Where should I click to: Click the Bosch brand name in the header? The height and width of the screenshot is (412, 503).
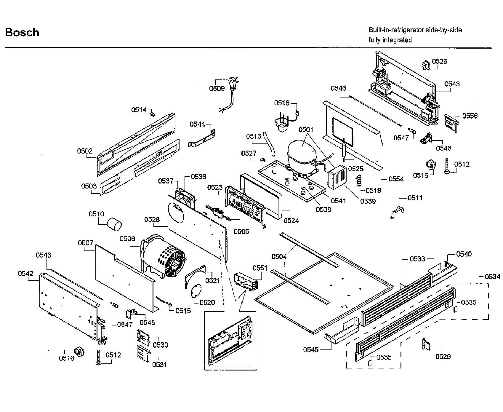(22, 32)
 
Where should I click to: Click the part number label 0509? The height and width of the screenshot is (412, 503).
(217, 88)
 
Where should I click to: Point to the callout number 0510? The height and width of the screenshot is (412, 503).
(96, 214)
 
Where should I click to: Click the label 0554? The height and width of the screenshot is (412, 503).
(396, 179)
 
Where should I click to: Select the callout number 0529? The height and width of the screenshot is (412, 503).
(443, 357)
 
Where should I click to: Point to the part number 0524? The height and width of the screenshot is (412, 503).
(291, 221)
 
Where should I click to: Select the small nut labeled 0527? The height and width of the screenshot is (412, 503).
(262, 160)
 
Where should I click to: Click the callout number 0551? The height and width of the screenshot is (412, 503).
(260, 268)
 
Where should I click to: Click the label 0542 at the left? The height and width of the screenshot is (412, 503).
(26, 274)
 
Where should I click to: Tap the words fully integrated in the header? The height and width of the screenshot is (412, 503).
(390, 40)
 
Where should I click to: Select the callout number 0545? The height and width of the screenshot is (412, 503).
(311, 349)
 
